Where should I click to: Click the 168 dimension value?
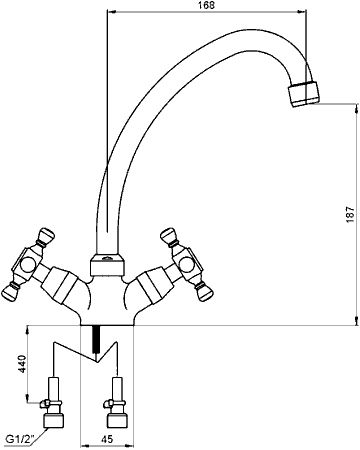coord(207,5)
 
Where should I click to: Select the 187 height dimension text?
coord(350,214)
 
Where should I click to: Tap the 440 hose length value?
coord(22,364)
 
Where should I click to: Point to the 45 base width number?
coord(106,439)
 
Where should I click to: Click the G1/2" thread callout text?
coord(19,439)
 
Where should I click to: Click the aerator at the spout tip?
coord(303,94)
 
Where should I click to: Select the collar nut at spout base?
coord(107,265)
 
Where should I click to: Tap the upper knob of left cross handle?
coord(47,236)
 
